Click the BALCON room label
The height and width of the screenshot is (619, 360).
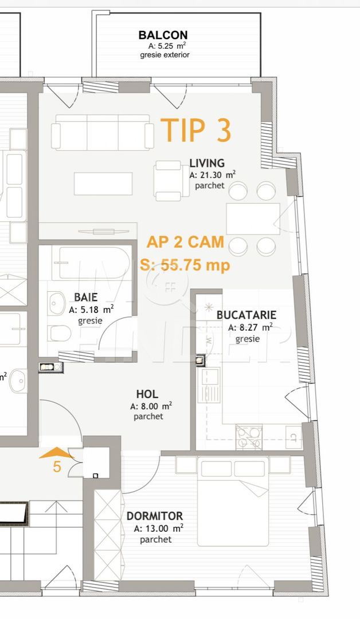click(163, 35)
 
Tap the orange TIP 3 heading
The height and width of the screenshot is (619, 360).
click(196, 130)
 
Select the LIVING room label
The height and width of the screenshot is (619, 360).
click(207, 163)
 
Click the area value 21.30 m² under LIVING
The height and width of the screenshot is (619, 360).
click(213, 175)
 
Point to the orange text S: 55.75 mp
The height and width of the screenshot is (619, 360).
click(185, 265)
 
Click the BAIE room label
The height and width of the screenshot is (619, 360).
click(85, 297)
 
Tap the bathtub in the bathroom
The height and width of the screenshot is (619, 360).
click(92, 263)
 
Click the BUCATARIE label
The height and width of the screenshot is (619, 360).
click(246, 315)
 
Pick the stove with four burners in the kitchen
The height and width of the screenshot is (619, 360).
click(249, 437)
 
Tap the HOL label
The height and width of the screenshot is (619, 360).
click(147, 394)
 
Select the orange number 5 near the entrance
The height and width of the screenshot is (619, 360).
click(57, 467)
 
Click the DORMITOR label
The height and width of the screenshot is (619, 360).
click(154, 516)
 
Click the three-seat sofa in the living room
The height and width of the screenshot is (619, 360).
click(103, 132)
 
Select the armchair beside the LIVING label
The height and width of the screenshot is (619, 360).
click(169, 181)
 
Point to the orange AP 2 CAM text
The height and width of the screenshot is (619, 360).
click(185, 242)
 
